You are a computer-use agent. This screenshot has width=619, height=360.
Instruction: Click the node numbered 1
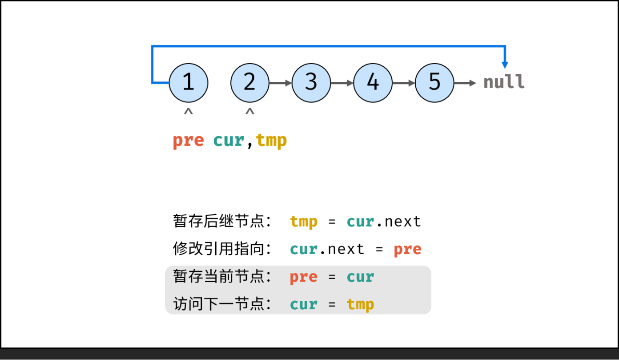(189, 83)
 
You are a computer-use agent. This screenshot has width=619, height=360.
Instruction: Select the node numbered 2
(250, 83)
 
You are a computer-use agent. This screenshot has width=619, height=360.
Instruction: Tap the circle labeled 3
(311, 83)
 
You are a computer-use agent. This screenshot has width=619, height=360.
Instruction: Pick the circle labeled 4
(373, 83)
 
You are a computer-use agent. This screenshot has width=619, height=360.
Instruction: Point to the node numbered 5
(434, 83)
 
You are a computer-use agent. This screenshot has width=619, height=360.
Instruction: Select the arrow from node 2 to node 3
(281, 83)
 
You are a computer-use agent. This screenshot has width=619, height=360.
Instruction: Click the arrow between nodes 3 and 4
(342, 83)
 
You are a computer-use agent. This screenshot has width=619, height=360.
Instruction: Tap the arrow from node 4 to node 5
(403, 83)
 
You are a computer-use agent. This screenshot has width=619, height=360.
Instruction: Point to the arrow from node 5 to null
(465, 83)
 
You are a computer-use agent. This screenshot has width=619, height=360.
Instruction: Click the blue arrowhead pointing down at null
(505, 63)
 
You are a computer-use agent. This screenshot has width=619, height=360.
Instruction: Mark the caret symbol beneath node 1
(189, 112)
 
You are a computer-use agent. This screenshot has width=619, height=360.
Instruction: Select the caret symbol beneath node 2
(250, 112)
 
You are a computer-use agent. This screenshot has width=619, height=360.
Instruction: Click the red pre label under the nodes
(188, 141)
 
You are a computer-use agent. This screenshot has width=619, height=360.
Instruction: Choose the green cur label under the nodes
(229, 141)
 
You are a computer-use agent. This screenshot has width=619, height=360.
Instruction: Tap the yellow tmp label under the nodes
(271, 141)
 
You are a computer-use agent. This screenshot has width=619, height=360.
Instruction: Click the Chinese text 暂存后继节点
(221, 221)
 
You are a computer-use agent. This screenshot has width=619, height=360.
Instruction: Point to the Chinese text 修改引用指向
(221, 249)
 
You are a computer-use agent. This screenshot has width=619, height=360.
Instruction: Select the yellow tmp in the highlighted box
(360, 305)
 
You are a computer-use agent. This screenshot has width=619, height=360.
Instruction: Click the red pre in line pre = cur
(303, 277)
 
